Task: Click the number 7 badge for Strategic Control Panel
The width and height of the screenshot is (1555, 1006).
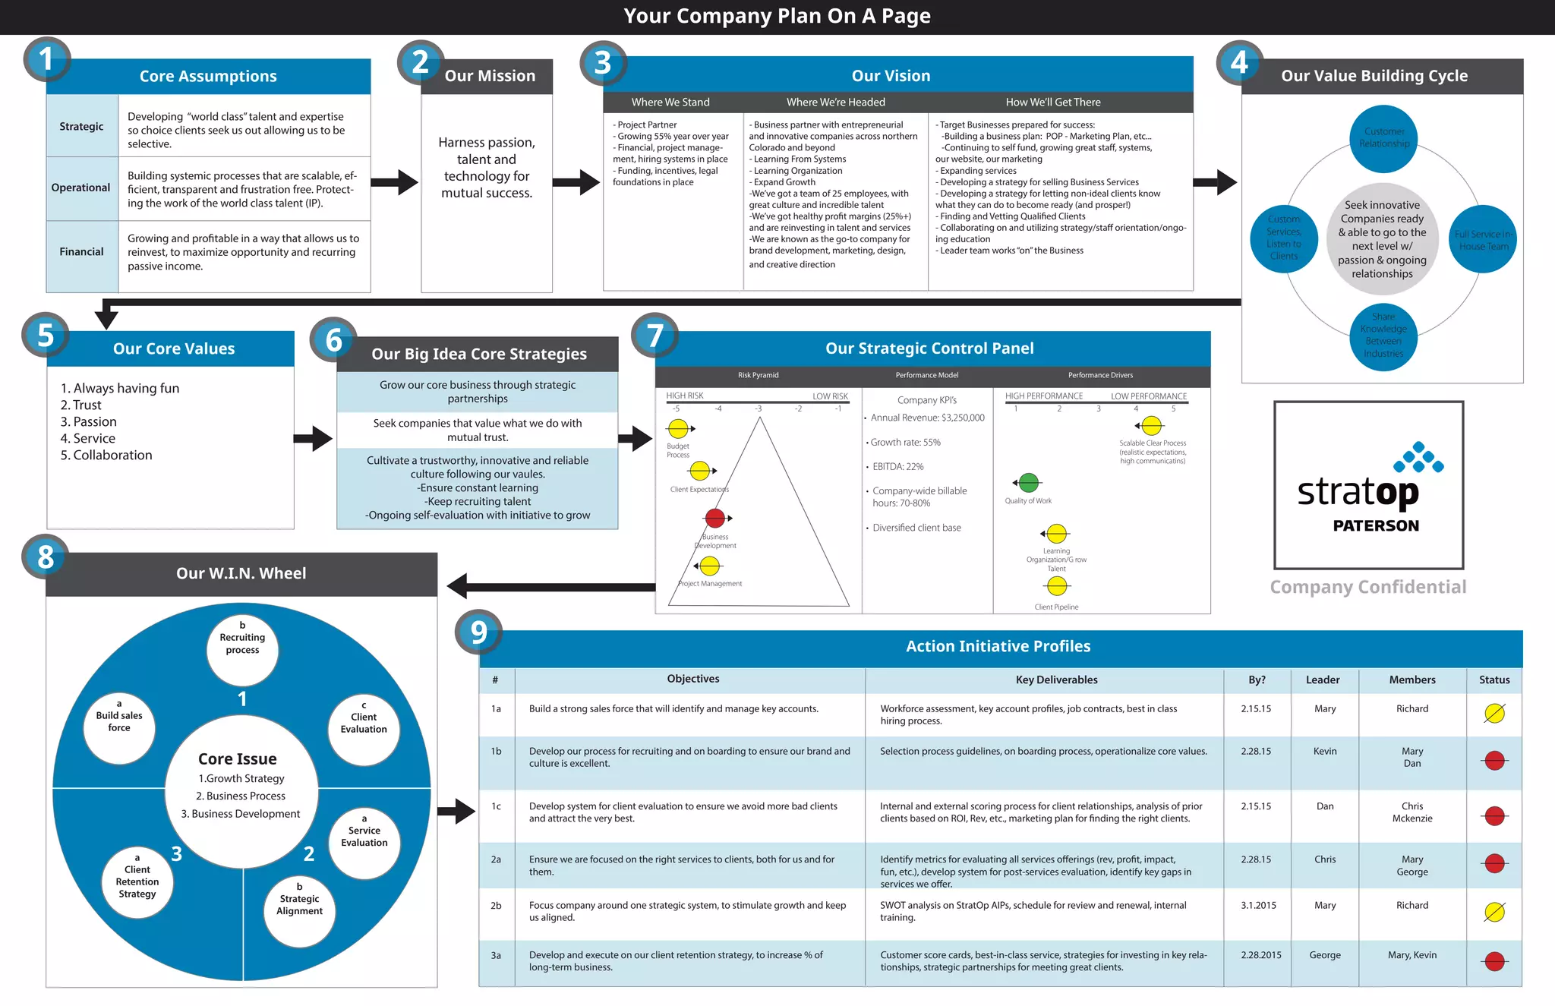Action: tap(654, 336)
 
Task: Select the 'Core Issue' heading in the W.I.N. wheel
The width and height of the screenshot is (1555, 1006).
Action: tap(238, 758)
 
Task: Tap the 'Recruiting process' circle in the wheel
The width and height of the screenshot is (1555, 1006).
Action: tap(242, 644)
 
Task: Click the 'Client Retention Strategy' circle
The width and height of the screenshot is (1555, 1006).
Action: tap(137, 881)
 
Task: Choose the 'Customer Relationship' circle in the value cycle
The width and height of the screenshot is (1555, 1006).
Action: tap(1384, 138)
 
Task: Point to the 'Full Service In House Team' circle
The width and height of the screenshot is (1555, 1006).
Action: tap(1483, 240)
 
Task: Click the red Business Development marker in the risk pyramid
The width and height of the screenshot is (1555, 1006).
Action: tap(715, 518)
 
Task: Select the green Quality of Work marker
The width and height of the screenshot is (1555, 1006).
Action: tap(1029, 482)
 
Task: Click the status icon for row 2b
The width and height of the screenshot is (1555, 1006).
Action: tap(1494, 912)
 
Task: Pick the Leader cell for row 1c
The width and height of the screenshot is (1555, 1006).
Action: tap(1325, 806)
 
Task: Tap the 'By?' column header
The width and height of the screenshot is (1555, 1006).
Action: tap(1257, 680)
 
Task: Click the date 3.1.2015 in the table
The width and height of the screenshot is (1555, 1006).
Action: tap(1259, 905)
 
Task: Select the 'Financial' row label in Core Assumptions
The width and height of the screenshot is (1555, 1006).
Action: tap(82, 251)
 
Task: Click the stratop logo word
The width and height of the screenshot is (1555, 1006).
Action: tap(1358, 493)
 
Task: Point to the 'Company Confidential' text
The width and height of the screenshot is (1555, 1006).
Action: tap(1368, 587)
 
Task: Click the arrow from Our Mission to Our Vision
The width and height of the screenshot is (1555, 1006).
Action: tap(576, 182)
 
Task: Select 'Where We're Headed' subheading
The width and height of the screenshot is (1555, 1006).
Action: tap(835, 102)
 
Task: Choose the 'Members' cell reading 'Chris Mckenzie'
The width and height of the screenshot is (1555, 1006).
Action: tap(1412, 812)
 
